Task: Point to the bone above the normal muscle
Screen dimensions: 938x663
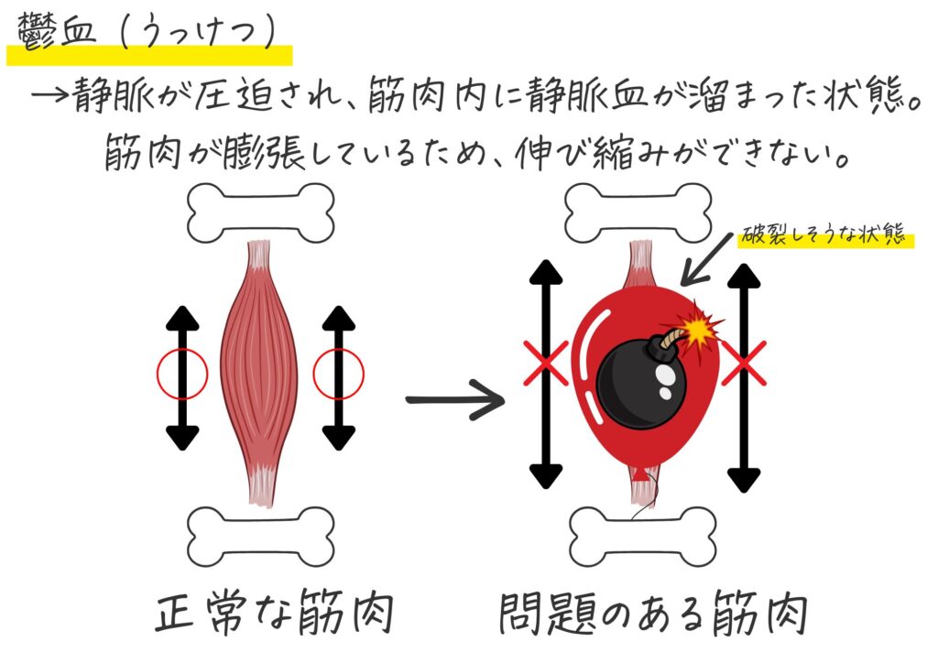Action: point(261,212)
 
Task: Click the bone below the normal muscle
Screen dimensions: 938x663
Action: point(261,537)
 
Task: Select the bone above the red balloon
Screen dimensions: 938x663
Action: point(638,212)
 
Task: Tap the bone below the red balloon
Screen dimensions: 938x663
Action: point(642,537)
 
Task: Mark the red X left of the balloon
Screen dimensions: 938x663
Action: point(546,363)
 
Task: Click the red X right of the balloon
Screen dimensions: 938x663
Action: point(744,363)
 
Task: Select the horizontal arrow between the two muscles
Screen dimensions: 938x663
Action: point(454,399)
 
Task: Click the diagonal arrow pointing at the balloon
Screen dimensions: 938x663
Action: point(707,259)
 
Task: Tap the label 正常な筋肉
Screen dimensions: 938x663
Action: point(274,612)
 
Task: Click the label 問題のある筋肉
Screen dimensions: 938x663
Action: point(653,613)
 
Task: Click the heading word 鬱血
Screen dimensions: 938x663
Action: point(58,30)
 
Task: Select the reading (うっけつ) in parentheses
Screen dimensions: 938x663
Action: point(199,30)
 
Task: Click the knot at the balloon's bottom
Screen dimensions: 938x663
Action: point(640,476)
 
